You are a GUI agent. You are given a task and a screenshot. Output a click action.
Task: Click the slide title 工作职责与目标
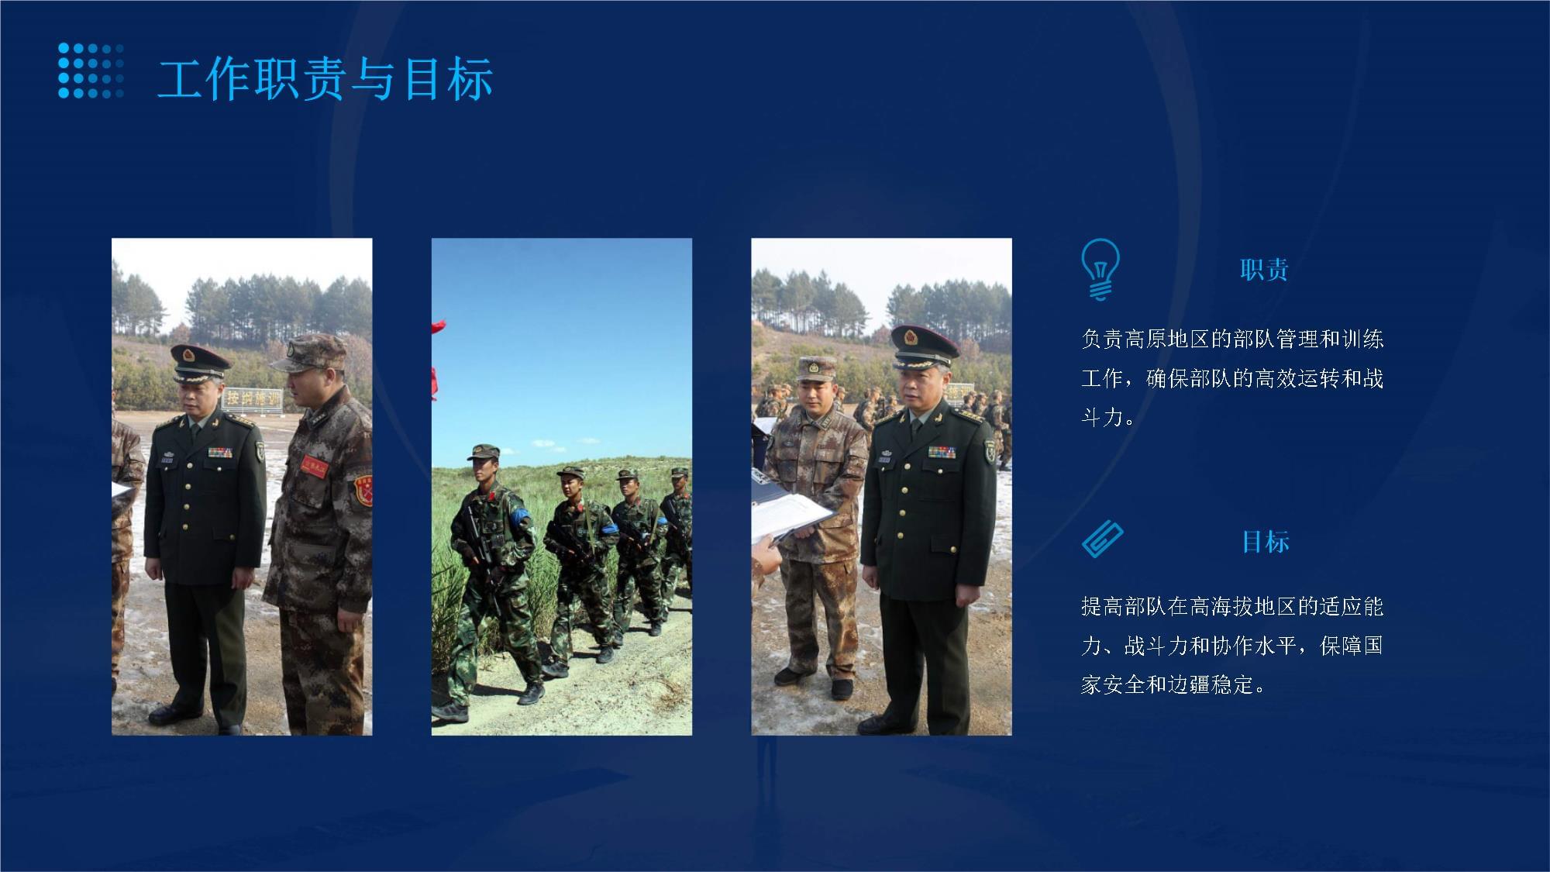click(325, 78)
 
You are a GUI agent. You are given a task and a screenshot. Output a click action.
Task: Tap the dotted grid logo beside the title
click(91, 71)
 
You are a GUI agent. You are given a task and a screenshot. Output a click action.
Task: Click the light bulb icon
click(1100, 269)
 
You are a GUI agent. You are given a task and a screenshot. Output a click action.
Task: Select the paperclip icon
click(1102, 539)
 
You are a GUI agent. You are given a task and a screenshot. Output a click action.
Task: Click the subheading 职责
click(1264, 270)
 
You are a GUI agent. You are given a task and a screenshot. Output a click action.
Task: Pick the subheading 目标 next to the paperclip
click(1266, 541)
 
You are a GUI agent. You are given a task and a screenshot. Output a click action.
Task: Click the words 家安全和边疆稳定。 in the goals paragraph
click(1173, 684)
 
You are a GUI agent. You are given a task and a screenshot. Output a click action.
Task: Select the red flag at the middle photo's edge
click(438, 357)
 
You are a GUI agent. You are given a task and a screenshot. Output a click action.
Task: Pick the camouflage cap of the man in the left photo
click(310, 353)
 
